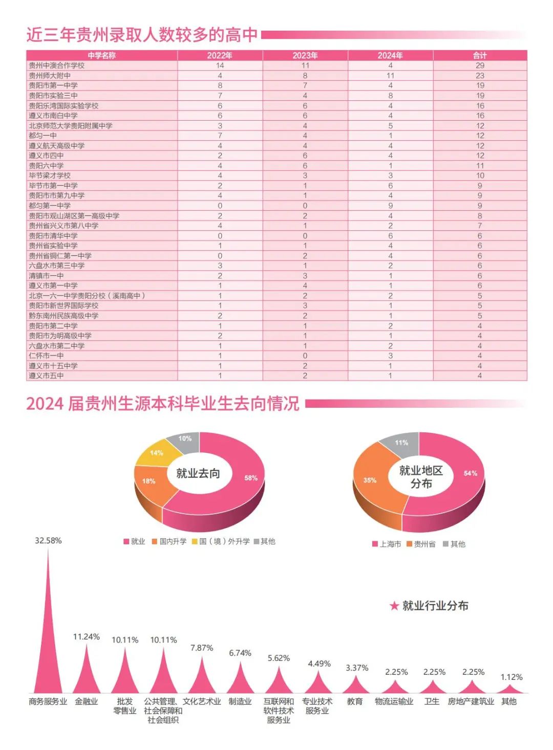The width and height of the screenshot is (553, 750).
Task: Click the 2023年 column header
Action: (x=305, y=55)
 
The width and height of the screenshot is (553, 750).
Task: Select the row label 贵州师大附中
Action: (x=50, y=76)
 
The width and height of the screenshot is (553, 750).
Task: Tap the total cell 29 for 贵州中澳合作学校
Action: (x=480, y=65)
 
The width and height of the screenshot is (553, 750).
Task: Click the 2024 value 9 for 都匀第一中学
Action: (x=390, y=206)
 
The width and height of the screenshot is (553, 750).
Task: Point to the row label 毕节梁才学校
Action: (x=50, y=175)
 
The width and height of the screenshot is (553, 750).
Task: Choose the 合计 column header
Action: (x=480, y=55)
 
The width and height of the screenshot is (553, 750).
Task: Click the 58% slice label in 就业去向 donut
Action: (x=251, y=478)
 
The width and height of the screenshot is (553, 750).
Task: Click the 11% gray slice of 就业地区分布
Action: (x=401, y=443)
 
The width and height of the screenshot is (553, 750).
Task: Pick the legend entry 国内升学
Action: (x=169, y=541)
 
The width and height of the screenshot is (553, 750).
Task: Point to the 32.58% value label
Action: (x=48, y=541)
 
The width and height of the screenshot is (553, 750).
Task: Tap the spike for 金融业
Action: (x=87, y=675)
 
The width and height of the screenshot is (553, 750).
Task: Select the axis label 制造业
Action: (x=240, y=701)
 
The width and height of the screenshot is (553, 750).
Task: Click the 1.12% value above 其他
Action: (x=512, y=677)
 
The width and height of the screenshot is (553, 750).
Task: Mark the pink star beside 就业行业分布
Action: (x=394, y=606)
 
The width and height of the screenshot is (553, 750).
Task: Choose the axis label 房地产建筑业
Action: (x=471, y=701)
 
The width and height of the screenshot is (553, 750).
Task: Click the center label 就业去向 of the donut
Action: (x=198, y=473)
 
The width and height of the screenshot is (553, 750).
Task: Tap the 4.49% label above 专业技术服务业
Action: (x=319, y=664)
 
